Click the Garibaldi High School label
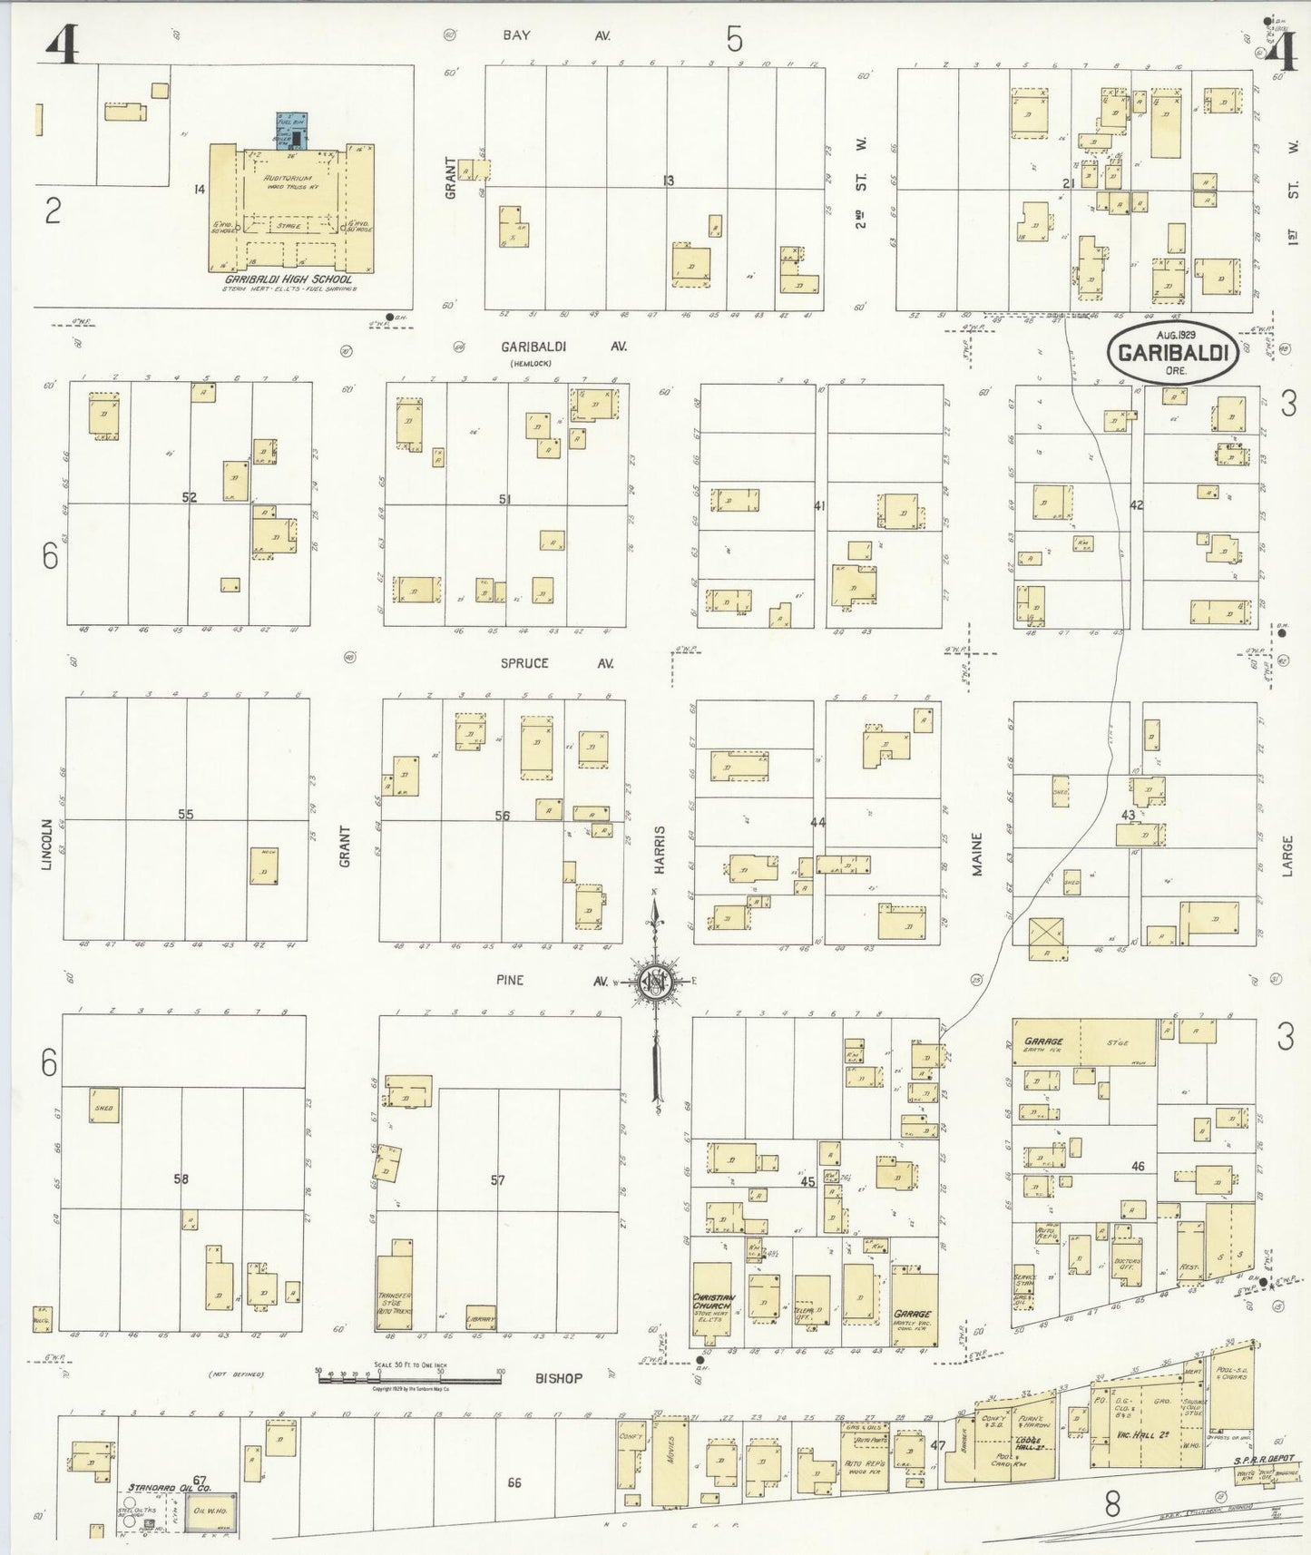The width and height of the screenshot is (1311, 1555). pyautogui.click(x=289, y=279)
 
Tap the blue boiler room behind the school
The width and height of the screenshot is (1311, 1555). pyautogui.click(x=291, y=132)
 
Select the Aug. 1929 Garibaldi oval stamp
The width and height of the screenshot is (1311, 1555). pyautogui.click(x=1174, y=352)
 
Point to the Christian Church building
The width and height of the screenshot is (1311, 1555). pyautogui.click(x=712, y=1304)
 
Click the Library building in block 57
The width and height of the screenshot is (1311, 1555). pyautogui.click(x=480, y=1317)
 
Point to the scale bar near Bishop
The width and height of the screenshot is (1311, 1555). pyautogui.click(x=409, y=1380)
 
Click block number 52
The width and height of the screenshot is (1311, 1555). pyautogui.click(x=189, y=497)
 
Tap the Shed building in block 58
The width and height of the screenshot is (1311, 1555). pyautogui.click(x=104, y=1105)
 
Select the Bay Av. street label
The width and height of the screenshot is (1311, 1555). pyautogui.click(x=555, y=35)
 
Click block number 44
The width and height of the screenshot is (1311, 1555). pyautogui.click(x=817, y=822)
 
